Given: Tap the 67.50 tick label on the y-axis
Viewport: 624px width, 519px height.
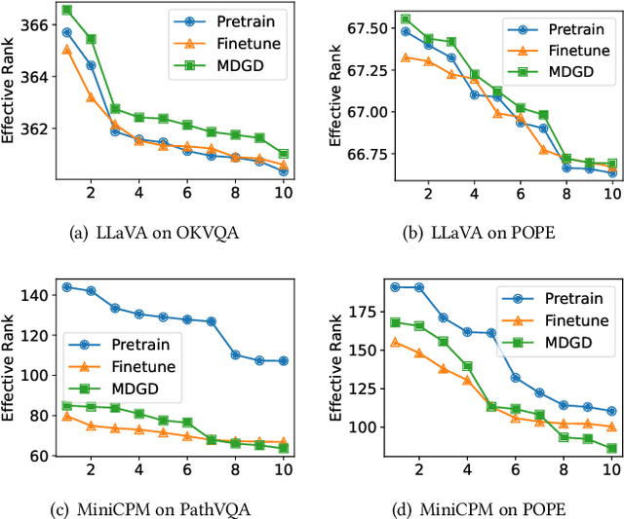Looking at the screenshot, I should tap(353, 28).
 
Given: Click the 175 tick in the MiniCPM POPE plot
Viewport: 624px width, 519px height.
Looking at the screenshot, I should tap(361, 312).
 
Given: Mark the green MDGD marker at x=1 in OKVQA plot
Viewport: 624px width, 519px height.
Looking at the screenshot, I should tap(66, 10).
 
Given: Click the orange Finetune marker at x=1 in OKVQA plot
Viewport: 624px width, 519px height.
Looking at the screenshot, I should tap(66, 49).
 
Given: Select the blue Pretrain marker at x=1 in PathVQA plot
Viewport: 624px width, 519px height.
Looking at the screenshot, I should tap(66, 287).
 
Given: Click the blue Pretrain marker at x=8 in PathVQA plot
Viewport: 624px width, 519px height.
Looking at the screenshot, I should tap(235, 354).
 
